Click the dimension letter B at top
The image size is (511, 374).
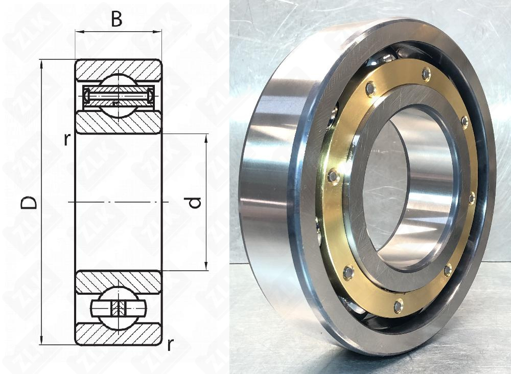click(x=117, y=19)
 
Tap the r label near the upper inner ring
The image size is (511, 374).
click(x=66, y=139)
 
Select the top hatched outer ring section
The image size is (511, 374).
click(x=118, y=69)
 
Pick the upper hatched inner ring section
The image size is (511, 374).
click(x=118, y=123)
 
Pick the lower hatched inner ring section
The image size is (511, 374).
click(x=118, y=282)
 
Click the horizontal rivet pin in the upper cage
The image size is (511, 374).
click(x=118, y=95)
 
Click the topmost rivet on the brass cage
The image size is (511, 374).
click(x=426, y=75)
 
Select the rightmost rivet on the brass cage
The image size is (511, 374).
click(x=472, y=197)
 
